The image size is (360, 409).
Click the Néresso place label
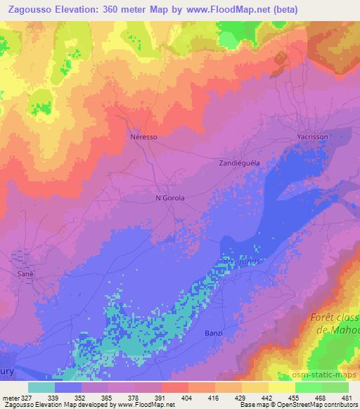pos(143,138)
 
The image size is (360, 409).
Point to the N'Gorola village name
pos(169,198)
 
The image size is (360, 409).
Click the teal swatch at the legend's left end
pos(41,387)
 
